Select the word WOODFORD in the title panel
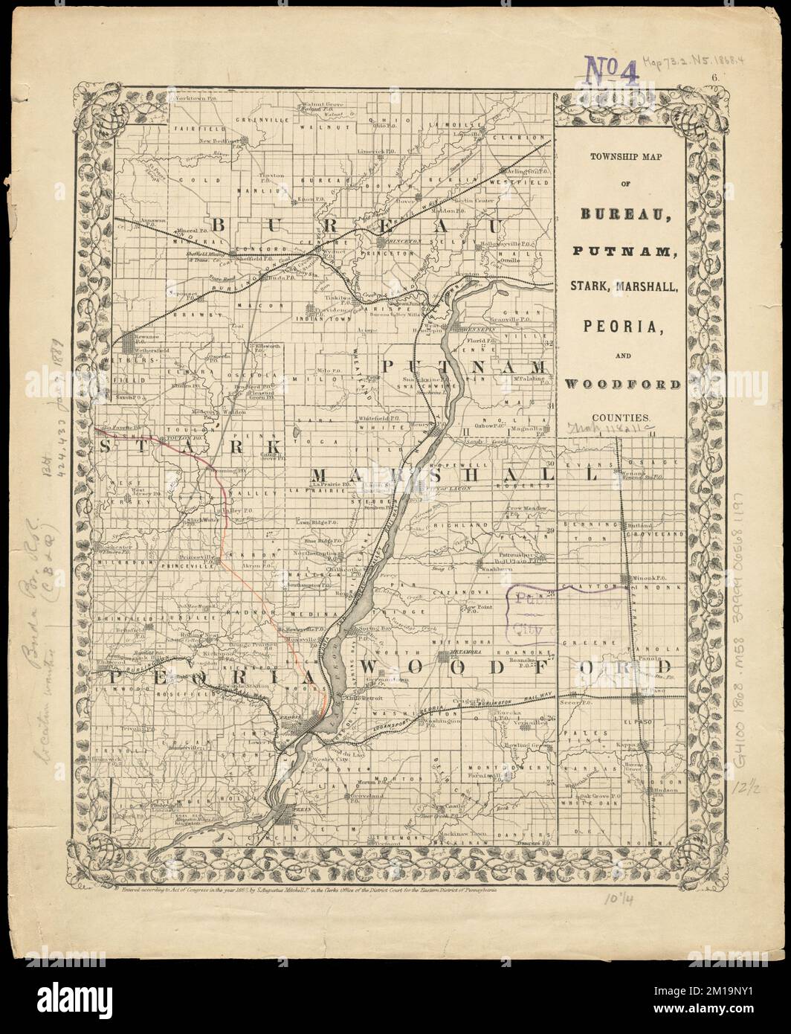pos(622,384)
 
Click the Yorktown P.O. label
pos(190,99)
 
